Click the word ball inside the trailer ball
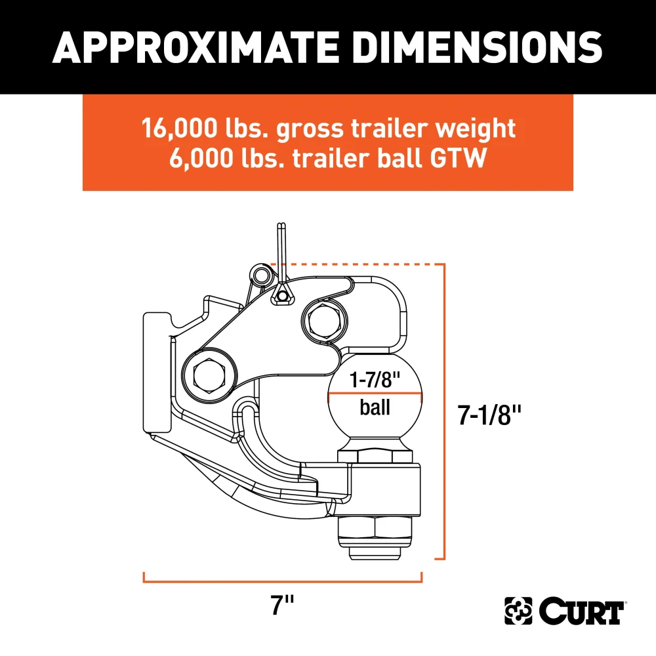pos(375,407)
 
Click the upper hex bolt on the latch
pos(323,319)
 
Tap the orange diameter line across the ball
pos(375,394)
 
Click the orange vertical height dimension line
pos(445,413)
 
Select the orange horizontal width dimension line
pos(283,581)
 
